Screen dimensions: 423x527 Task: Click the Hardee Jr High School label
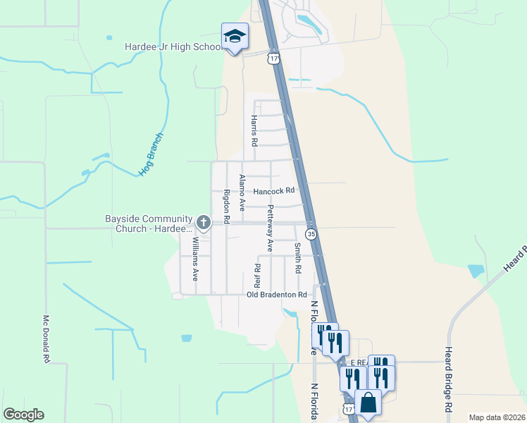[172, 47]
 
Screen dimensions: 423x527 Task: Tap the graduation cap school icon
[235, 37]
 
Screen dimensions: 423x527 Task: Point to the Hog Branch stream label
[151, 154]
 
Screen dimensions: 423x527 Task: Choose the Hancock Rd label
[273, 191]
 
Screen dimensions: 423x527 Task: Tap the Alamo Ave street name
[242, 192]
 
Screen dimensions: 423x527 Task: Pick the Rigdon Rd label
[227, 207]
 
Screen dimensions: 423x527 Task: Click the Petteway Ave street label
[270, 228]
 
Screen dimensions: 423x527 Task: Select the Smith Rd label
[298, 258]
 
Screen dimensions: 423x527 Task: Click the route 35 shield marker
[311, 233]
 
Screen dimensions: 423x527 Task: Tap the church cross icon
[204, 223]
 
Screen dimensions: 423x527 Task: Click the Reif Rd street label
[257, 277]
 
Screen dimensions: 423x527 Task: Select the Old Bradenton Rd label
[277, 294]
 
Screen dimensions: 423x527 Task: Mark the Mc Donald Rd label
[46, 339]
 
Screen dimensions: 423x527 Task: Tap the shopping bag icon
[368, 403]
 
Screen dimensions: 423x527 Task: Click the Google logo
[23, 415]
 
